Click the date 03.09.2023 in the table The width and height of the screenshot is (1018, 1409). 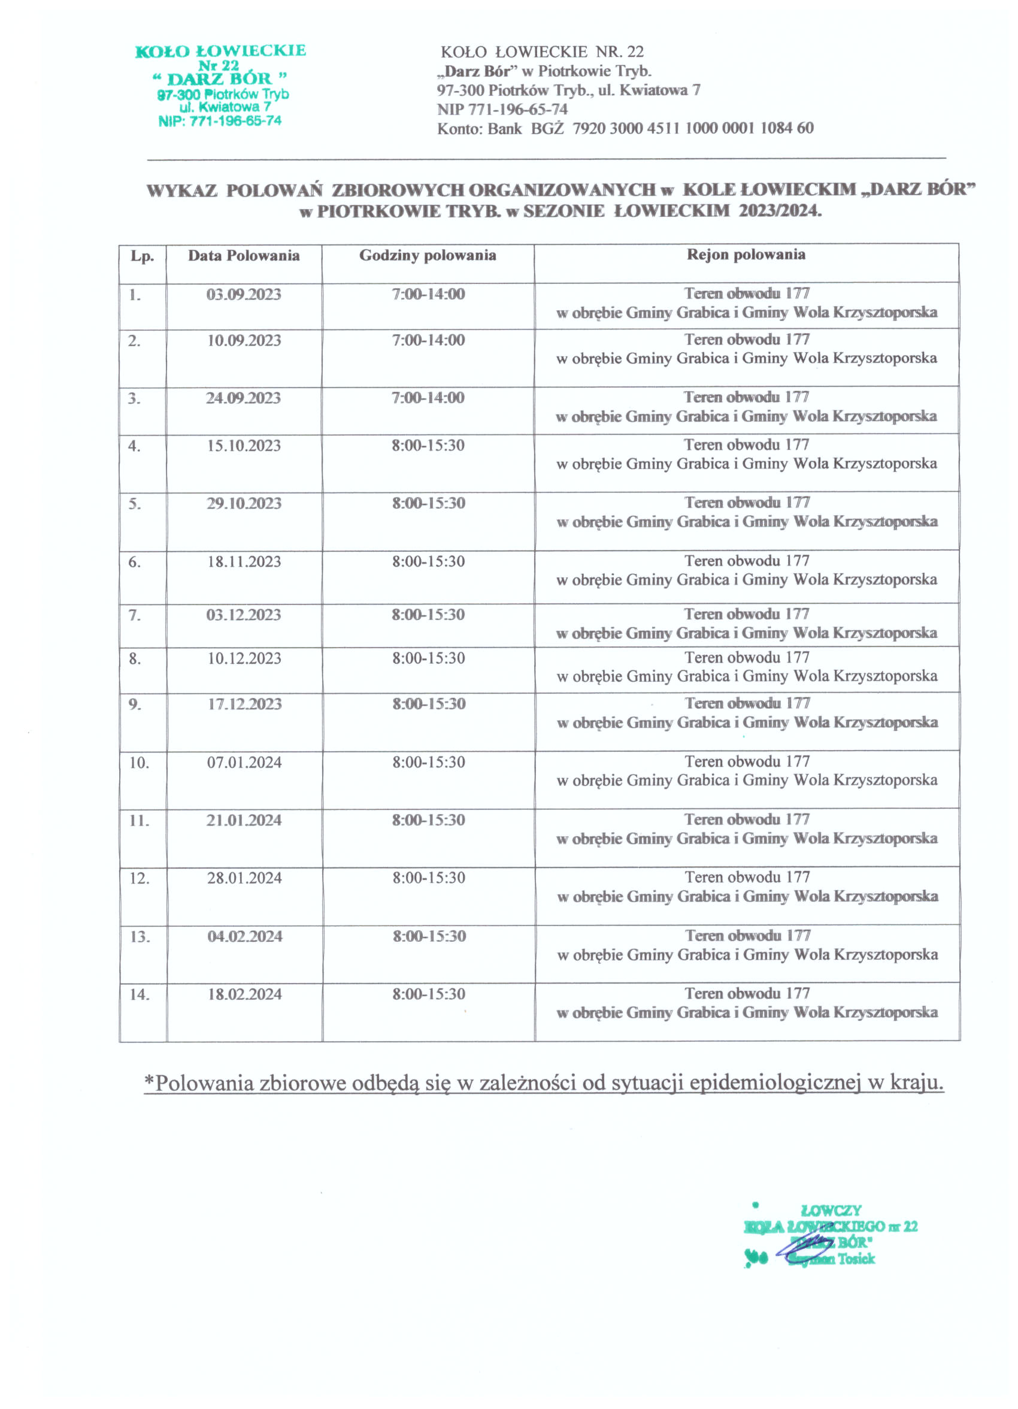coord(244,295)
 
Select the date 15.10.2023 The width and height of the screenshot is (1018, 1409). coord(244,446)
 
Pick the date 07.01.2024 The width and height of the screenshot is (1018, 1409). coord(244,763)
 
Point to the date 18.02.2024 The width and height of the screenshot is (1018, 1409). coord(244,994)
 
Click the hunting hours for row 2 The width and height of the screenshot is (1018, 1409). coord(428,340)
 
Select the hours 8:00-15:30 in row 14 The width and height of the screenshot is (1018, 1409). coord(429,994)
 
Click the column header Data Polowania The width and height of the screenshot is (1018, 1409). coord(244,256)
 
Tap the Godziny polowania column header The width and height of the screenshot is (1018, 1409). coord(428,255)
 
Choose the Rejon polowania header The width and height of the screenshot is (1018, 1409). coord(746,255)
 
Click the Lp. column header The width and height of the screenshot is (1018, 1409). coord(143,256)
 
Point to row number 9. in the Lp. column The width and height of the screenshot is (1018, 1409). coord(135,704)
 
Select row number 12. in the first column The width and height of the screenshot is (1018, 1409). coord(139,878)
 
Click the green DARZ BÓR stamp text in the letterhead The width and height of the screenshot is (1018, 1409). coord(220,79)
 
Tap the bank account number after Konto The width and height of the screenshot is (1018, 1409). coord(692,129)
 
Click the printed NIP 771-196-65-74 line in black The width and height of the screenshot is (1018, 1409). coord(502,110)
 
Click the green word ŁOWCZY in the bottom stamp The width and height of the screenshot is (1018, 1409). coord(831,1211)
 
